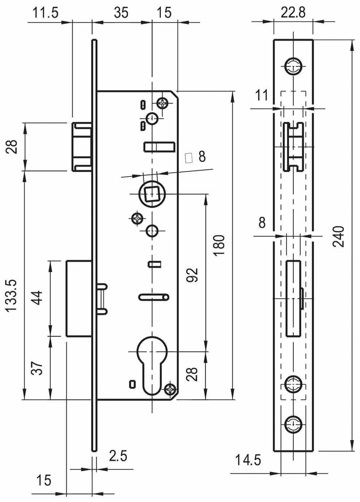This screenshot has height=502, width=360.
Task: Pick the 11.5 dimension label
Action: [x=45, y=13]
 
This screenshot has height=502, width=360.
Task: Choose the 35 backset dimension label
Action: [x=121, y=13]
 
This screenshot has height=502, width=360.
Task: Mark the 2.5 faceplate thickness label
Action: [x=118, y=456]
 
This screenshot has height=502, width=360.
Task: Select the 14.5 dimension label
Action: [x=248, y=460]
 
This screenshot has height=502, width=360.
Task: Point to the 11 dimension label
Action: [x=262, y=95]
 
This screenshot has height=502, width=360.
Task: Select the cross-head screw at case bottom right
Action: [x=170, y=390]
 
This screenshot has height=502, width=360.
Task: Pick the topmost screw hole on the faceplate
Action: [x=293, y=66]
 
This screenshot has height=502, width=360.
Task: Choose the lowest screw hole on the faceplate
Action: [x=293, y=424]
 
